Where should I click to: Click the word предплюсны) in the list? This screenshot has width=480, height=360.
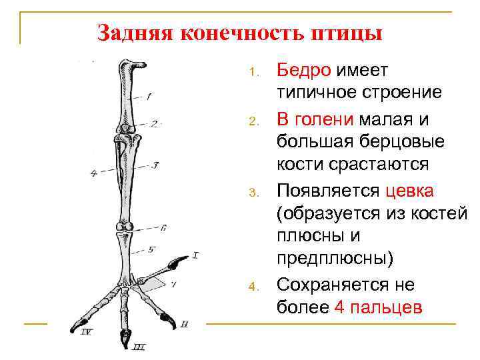[x=335, y=258]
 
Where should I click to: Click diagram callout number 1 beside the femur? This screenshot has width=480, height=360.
[x=148, y=96]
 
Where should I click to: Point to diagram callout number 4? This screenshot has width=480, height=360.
[x=93, y=173]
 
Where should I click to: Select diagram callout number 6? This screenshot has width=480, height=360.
[x=163, y=227]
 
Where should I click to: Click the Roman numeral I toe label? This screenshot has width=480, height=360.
[x=196, y=254]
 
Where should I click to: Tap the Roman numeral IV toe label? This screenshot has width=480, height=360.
[x=86, y=331]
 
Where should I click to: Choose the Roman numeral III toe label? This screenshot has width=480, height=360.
[x=139, y=346]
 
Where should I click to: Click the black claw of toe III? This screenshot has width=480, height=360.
[x=125, y=340]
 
